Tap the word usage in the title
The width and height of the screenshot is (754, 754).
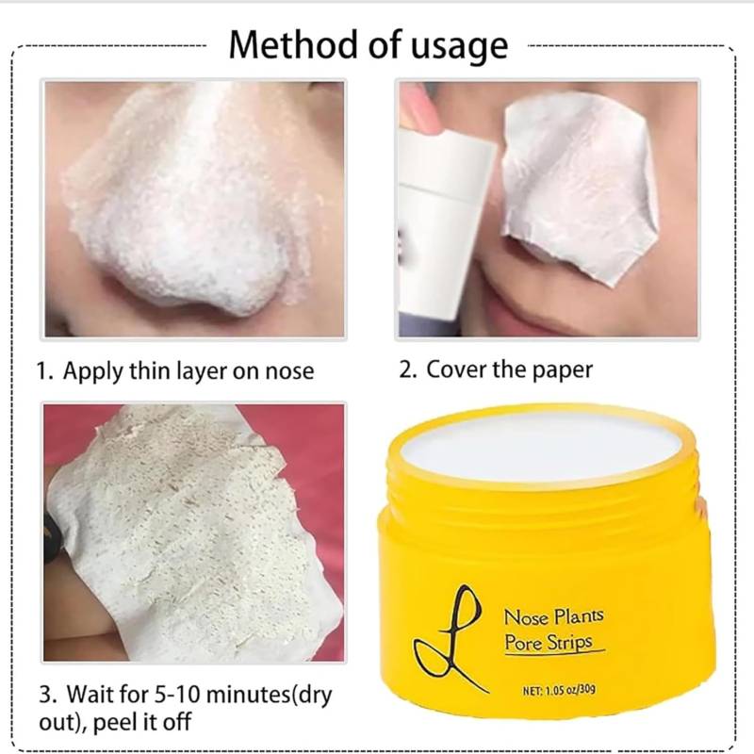[x=459, y=47]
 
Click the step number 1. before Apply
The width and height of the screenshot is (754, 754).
[x=45, y=371]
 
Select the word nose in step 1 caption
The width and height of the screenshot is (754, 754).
[x=290, y=372]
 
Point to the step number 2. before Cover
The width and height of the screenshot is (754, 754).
[x=409, y=369]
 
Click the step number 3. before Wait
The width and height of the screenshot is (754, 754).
[x=48, y=695]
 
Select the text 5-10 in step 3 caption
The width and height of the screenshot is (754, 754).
[x=177, y=695]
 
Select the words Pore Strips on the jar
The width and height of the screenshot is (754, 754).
[x=549, y=643]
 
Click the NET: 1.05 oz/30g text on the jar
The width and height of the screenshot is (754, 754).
[x=559, y=690]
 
